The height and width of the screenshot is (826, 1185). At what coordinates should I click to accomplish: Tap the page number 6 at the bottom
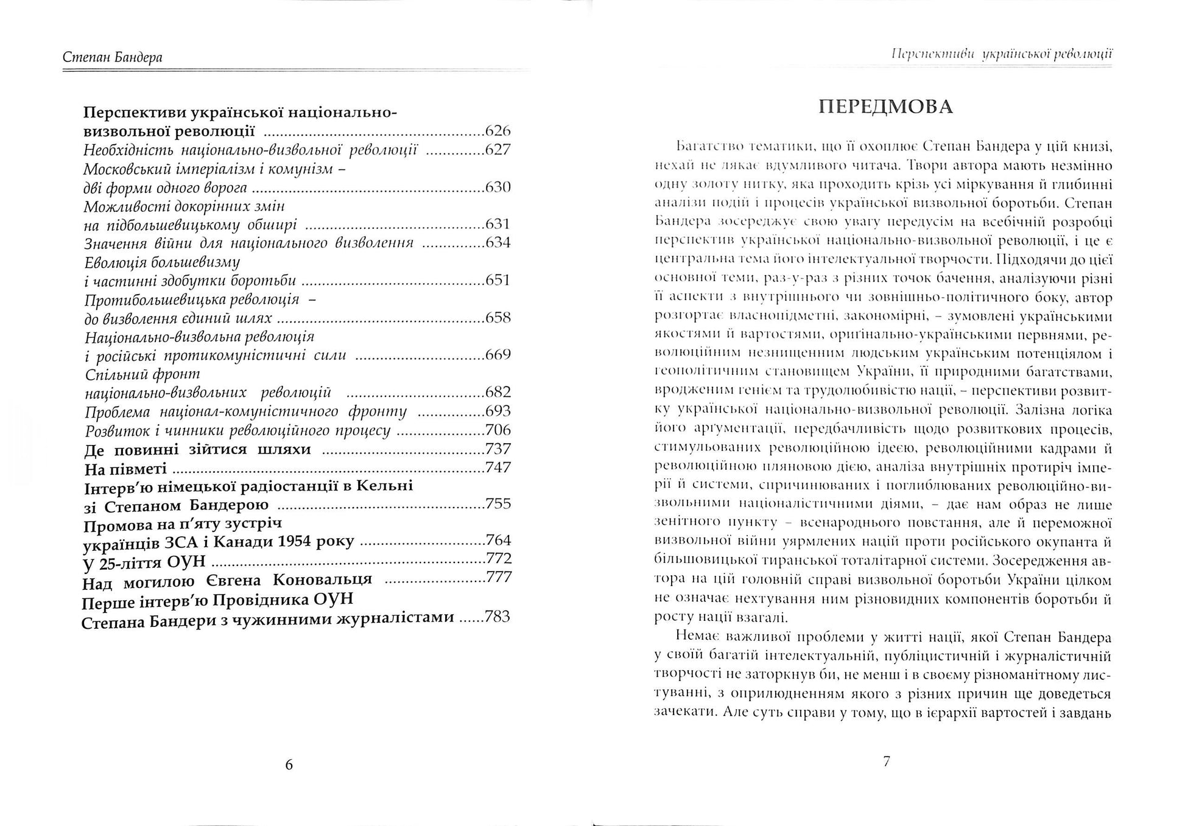pos(289,765)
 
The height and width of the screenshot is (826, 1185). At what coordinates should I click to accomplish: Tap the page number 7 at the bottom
pos(887,761)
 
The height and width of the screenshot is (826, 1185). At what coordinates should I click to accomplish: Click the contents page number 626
pos(498,131)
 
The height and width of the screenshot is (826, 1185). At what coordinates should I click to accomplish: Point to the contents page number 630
pos(498,187)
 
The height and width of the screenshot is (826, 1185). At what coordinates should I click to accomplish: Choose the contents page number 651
pos(498,280)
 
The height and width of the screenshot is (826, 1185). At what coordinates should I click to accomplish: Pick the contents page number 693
pos(498,411)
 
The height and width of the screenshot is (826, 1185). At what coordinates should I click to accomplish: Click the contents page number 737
pos(498,449)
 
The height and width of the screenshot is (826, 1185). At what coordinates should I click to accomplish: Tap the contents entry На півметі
pos(125,468)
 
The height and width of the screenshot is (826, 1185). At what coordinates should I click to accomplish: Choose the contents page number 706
pos(498,430)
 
